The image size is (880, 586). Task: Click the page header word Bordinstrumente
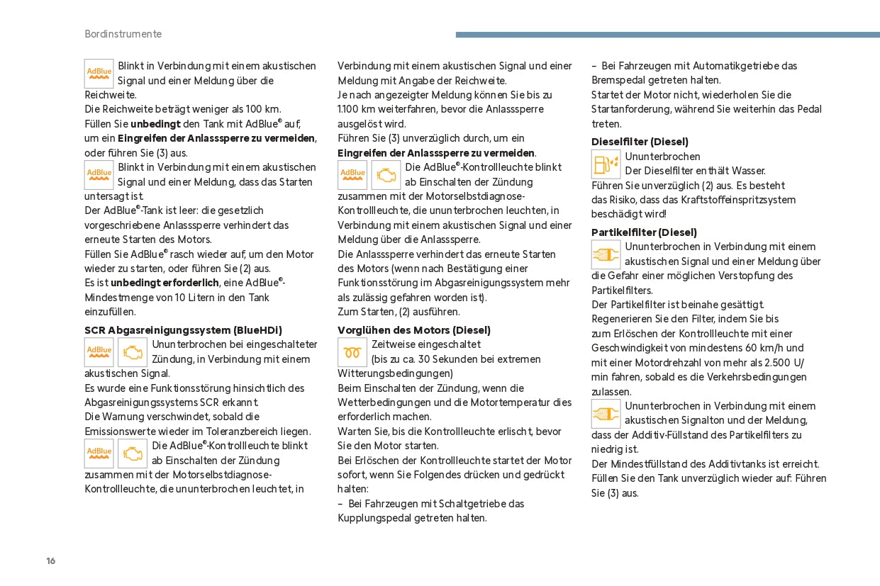pos(123,34)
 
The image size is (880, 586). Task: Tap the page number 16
pos(50,561)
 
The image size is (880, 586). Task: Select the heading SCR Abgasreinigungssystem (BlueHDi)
pos(183,330)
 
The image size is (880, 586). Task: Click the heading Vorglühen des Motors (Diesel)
pos(413,330)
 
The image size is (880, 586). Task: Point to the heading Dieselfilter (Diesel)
pos(640,142)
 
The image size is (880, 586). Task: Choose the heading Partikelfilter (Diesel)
pos(644,232)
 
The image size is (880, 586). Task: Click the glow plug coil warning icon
pos(352,352)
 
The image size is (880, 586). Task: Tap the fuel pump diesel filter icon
pos(606,164)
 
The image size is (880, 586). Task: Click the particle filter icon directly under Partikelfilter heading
pos(606,254)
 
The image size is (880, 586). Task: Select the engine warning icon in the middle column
pos(386,175)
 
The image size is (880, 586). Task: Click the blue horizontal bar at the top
pos(667,34)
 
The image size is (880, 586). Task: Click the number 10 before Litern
pos(180,298)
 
